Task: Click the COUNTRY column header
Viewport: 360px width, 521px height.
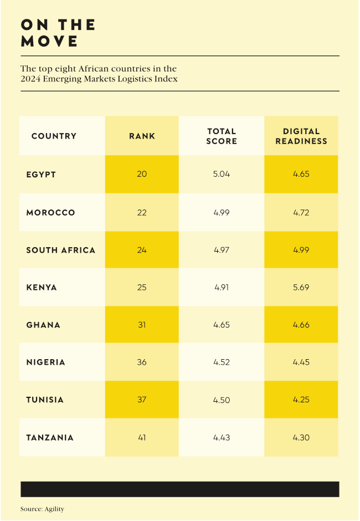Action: click(54, 136)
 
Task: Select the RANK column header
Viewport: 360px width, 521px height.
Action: click(142, 136)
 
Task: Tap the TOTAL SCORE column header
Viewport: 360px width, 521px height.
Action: click(222, 136)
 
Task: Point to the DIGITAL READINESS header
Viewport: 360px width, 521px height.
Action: click(301, 136)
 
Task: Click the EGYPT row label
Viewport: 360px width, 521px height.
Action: click(41, 175)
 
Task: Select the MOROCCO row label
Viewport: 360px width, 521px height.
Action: click(50, 213)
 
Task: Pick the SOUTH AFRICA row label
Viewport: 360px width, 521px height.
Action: click(60, 251)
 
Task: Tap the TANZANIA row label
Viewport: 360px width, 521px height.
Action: click(50, 438)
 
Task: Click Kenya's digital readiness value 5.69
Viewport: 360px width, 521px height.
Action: click(301, 288)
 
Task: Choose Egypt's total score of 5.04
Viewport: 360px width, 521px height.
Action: click(222, 174)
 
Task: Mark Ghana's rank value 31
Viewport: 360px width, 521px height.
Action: click(142, 325)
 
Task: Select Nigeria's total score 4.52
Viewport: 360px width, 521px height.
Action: click(222, 362)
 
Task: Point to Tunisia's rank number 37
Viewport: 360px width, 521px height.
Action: click(142, 400)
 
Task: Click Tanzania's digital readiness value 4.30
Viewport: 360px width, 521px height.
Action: click(301, 438)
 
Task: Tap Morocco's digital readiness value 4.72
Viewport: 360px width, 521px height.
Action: click(301, 213)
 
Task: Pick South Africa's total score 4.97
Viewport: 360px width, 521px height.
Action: click(222, 251)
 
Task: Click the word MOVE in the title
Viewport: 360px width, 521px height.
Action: click(49, 42)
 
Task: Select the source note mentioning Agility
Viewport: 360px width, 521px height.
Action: click(42, 509)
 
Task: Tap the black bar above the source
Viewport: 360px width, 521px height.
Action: click(179, 489)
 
